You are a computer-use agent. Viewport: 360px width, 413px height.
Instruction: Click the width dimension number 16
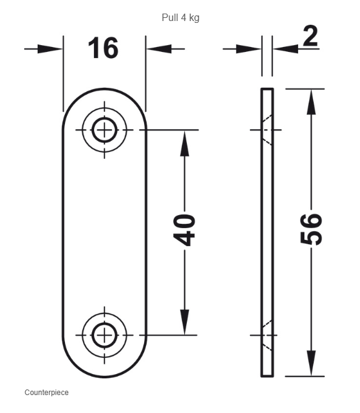[103, 48]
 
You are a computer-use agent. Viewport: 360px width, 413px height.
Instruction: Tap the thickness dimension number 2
[310, 36]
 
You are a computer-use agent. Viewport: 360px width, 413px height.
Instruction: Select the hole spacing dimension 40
[184, 230]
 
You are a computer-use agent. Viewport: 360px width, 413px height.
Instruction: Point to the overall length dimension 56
[311, 229]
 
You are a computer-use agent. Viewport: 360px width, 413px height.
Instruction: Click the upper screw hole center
[105, 130]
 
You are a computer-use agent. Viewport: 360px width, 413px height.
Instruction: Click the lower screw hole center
[105, 335]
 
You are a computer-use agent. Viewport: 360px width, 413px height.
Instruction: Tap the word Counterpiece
[46, 393]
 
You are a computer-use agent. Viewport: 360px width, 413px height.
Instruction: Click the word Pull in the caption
[169, 18]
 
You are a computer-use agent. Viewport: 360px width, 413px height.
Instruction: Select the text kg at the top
[194, 18]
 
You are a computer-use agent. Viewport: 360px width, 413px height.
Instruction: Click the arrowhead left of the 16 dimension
[50, 49]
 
